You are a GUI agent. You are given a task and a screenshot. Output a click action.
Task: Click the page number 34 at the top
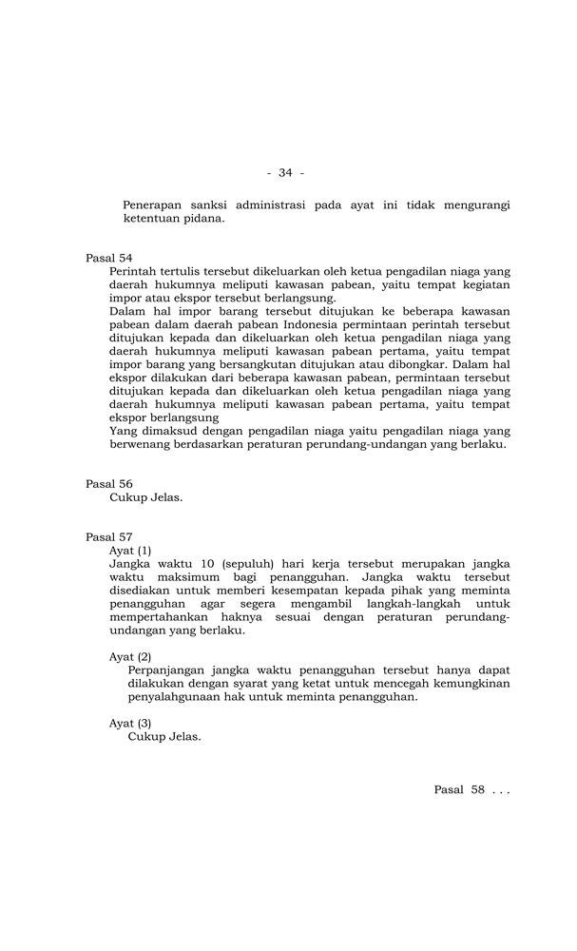(285, 172)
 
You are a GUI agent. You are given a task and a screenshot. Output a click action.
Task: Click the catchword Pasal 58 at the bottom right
(460, 789)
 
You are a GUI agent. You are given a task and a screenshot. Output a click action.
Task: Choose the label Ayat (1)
(130, 550)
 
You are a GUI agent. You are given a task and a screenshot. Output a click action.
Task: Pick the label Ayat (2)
(130, 656)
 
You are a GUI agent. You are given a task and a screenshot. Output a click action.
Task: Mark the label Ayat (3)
(130, 723)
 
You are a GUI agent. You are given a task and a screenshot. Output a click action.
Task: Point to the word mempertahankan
(165, 616)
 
